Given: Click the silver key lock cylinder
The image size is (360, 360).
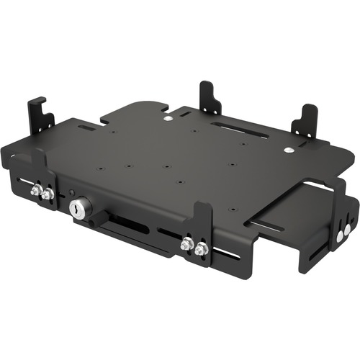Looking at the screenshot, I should point(76,208).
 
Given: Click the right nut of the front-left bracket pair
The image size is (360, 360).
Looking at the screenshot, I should point(46,194).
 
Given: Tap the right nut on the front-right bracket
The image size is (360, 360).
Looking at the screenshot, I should point(202,249).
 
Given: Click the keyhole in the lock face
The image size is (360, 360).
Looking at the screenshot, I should point(76,209).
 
